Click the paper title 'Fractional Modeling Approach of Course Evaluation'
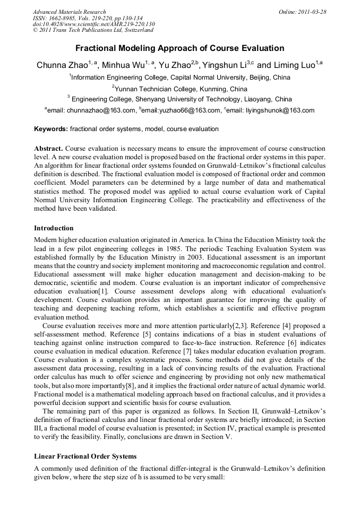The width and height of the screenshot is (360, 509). [x=179, y=48]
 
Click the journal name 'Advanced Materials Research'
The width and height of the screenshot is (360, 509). [x=70, y=12]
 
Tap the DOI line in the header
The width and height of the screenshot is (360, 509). [x=93, y=24]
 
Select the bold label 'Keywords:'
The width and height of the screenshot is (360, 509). [x=51, y=129]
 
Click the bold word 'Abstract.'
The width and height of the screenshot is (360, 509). [x=48, y=149]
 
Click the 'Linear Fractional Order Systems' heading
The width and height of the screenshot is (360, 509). [x=85, y=456]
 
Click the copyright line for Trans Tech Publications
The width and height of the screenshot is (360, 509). [x=92, y=30]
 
